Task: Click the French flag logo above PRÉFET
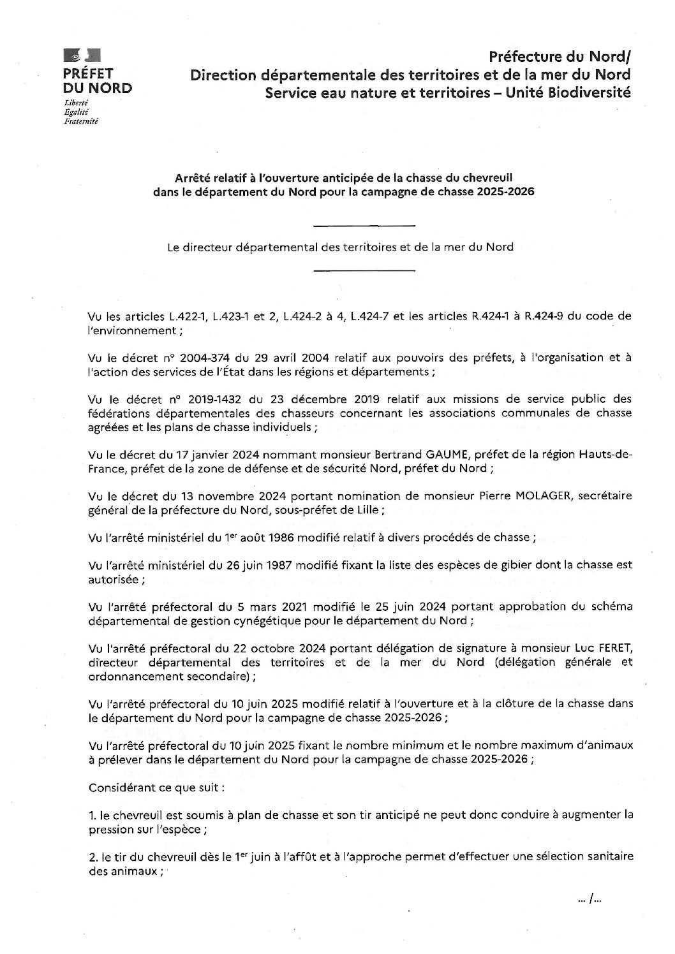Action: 82,55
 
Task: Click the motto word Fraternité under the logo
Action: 82,121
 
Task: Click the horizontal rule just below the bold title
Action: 365,225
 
